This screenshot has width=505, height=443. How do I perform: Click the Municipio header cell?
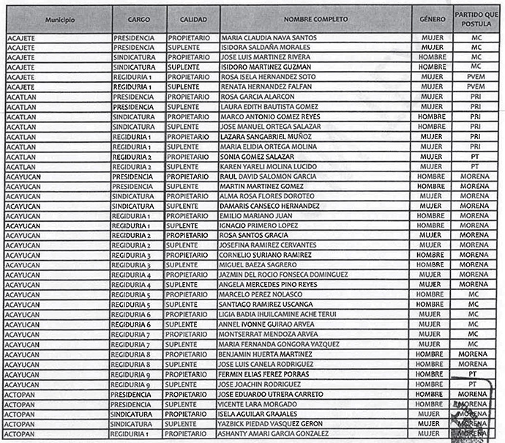click(x=59, y=18)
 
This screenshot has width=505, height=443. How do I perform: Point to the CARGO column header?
click(x=138, y=18)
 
